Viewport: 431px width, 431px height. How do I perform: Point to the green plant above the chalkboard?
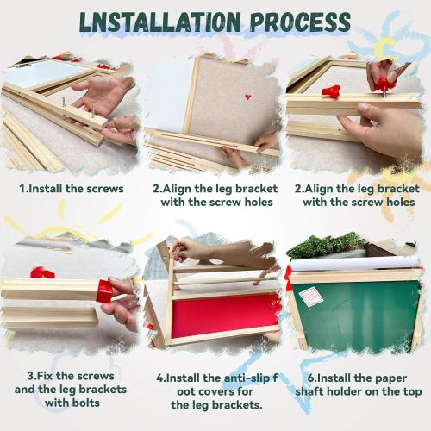(x=322, y=246)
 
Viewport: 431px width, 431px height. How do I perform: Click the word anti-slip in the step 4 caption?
(x=235, y=377)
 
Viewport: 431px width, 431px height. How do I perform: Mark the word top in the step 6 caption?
(x=415, y=391)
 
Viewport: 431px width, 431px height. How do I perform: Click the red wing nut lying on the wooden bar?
(x=329, y=90)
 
